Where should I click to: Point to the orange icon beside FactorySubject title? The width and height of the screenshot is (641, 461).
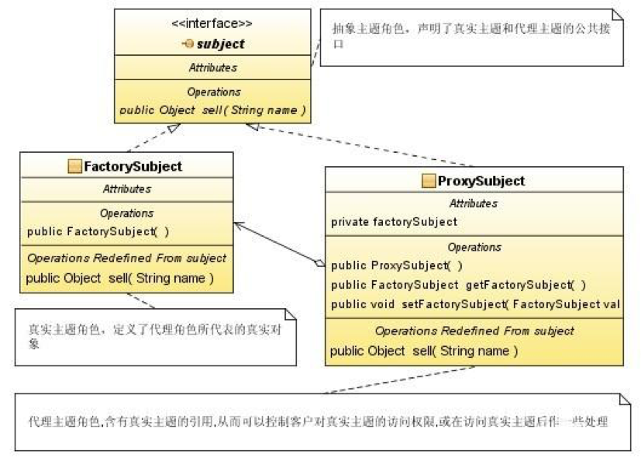click(74, 166)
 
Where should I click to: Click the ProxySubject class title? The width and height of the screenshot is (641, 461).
click(481, 181)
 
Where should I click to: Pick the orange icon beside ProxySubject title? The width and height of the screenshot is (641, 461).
click(428, 181)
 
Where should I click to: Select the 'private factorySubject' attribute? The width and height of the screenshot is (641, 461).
click(394, 222)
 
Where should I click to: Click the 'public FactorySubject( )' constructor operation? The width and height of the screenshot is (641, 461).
click(98, 231)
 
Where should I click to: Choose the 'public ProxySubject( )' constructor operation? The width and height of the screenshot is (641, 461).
click(384, 266)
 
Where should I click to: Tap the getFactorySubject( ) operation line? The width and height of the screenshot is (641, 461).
click(458, 284)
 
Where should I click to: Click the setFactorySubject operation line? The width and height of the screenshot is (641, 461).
click(475, 303)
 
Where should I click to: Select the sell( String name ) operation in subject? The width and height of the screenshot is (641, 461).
click(212, 110)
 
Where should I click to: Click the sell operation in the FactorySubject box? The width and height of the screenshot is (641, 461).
click(119, 278)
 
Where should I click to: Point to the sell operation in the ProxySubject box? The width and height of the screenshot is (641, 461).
click(423, 351)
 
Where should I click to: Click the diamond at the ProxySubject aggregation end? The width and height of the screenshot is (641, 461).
click(319, 264)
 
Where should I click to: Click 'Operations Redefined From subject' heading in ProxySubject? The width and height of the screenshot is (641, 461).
click(474, 331)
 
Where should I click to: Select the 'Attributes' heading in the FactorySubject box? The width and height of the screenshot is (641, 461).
click(126, 189)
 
